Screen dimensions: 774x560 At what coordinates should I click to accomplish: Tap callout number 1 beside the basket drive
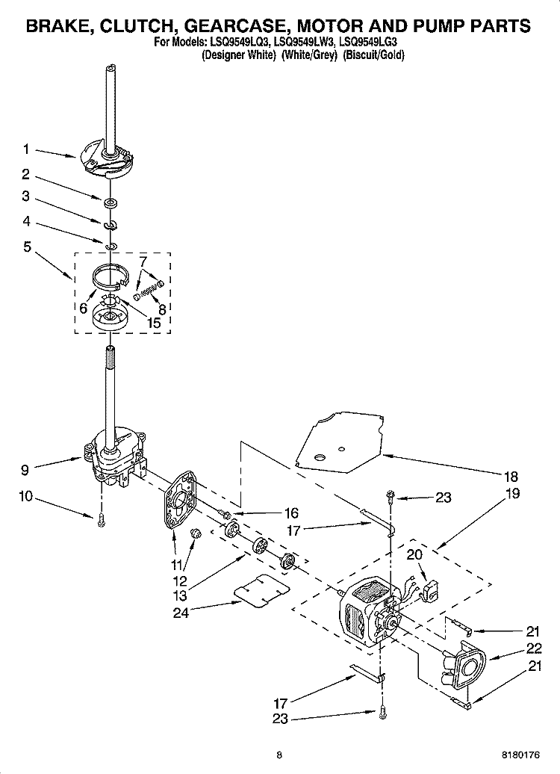[x=26, y=149]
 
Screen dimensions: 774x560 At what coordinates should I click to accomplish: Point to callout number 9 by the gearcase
[x=26, y=470]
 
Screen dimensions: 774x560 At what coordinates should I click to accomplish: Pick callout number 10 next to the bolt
[x=26, y=495]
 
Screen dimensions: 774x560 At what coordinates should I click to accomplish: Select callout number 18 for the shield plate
[x=511, y=476]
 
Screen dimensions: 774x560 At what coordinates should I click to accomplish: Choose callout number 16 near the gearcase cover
[x=290, y=513]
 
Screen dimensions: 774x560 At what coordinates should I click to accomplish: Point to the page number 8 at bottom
[x=278, y=755]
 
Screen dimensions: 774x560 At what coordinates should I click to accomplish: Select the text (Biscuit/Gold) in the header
[x=373, y=56]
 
